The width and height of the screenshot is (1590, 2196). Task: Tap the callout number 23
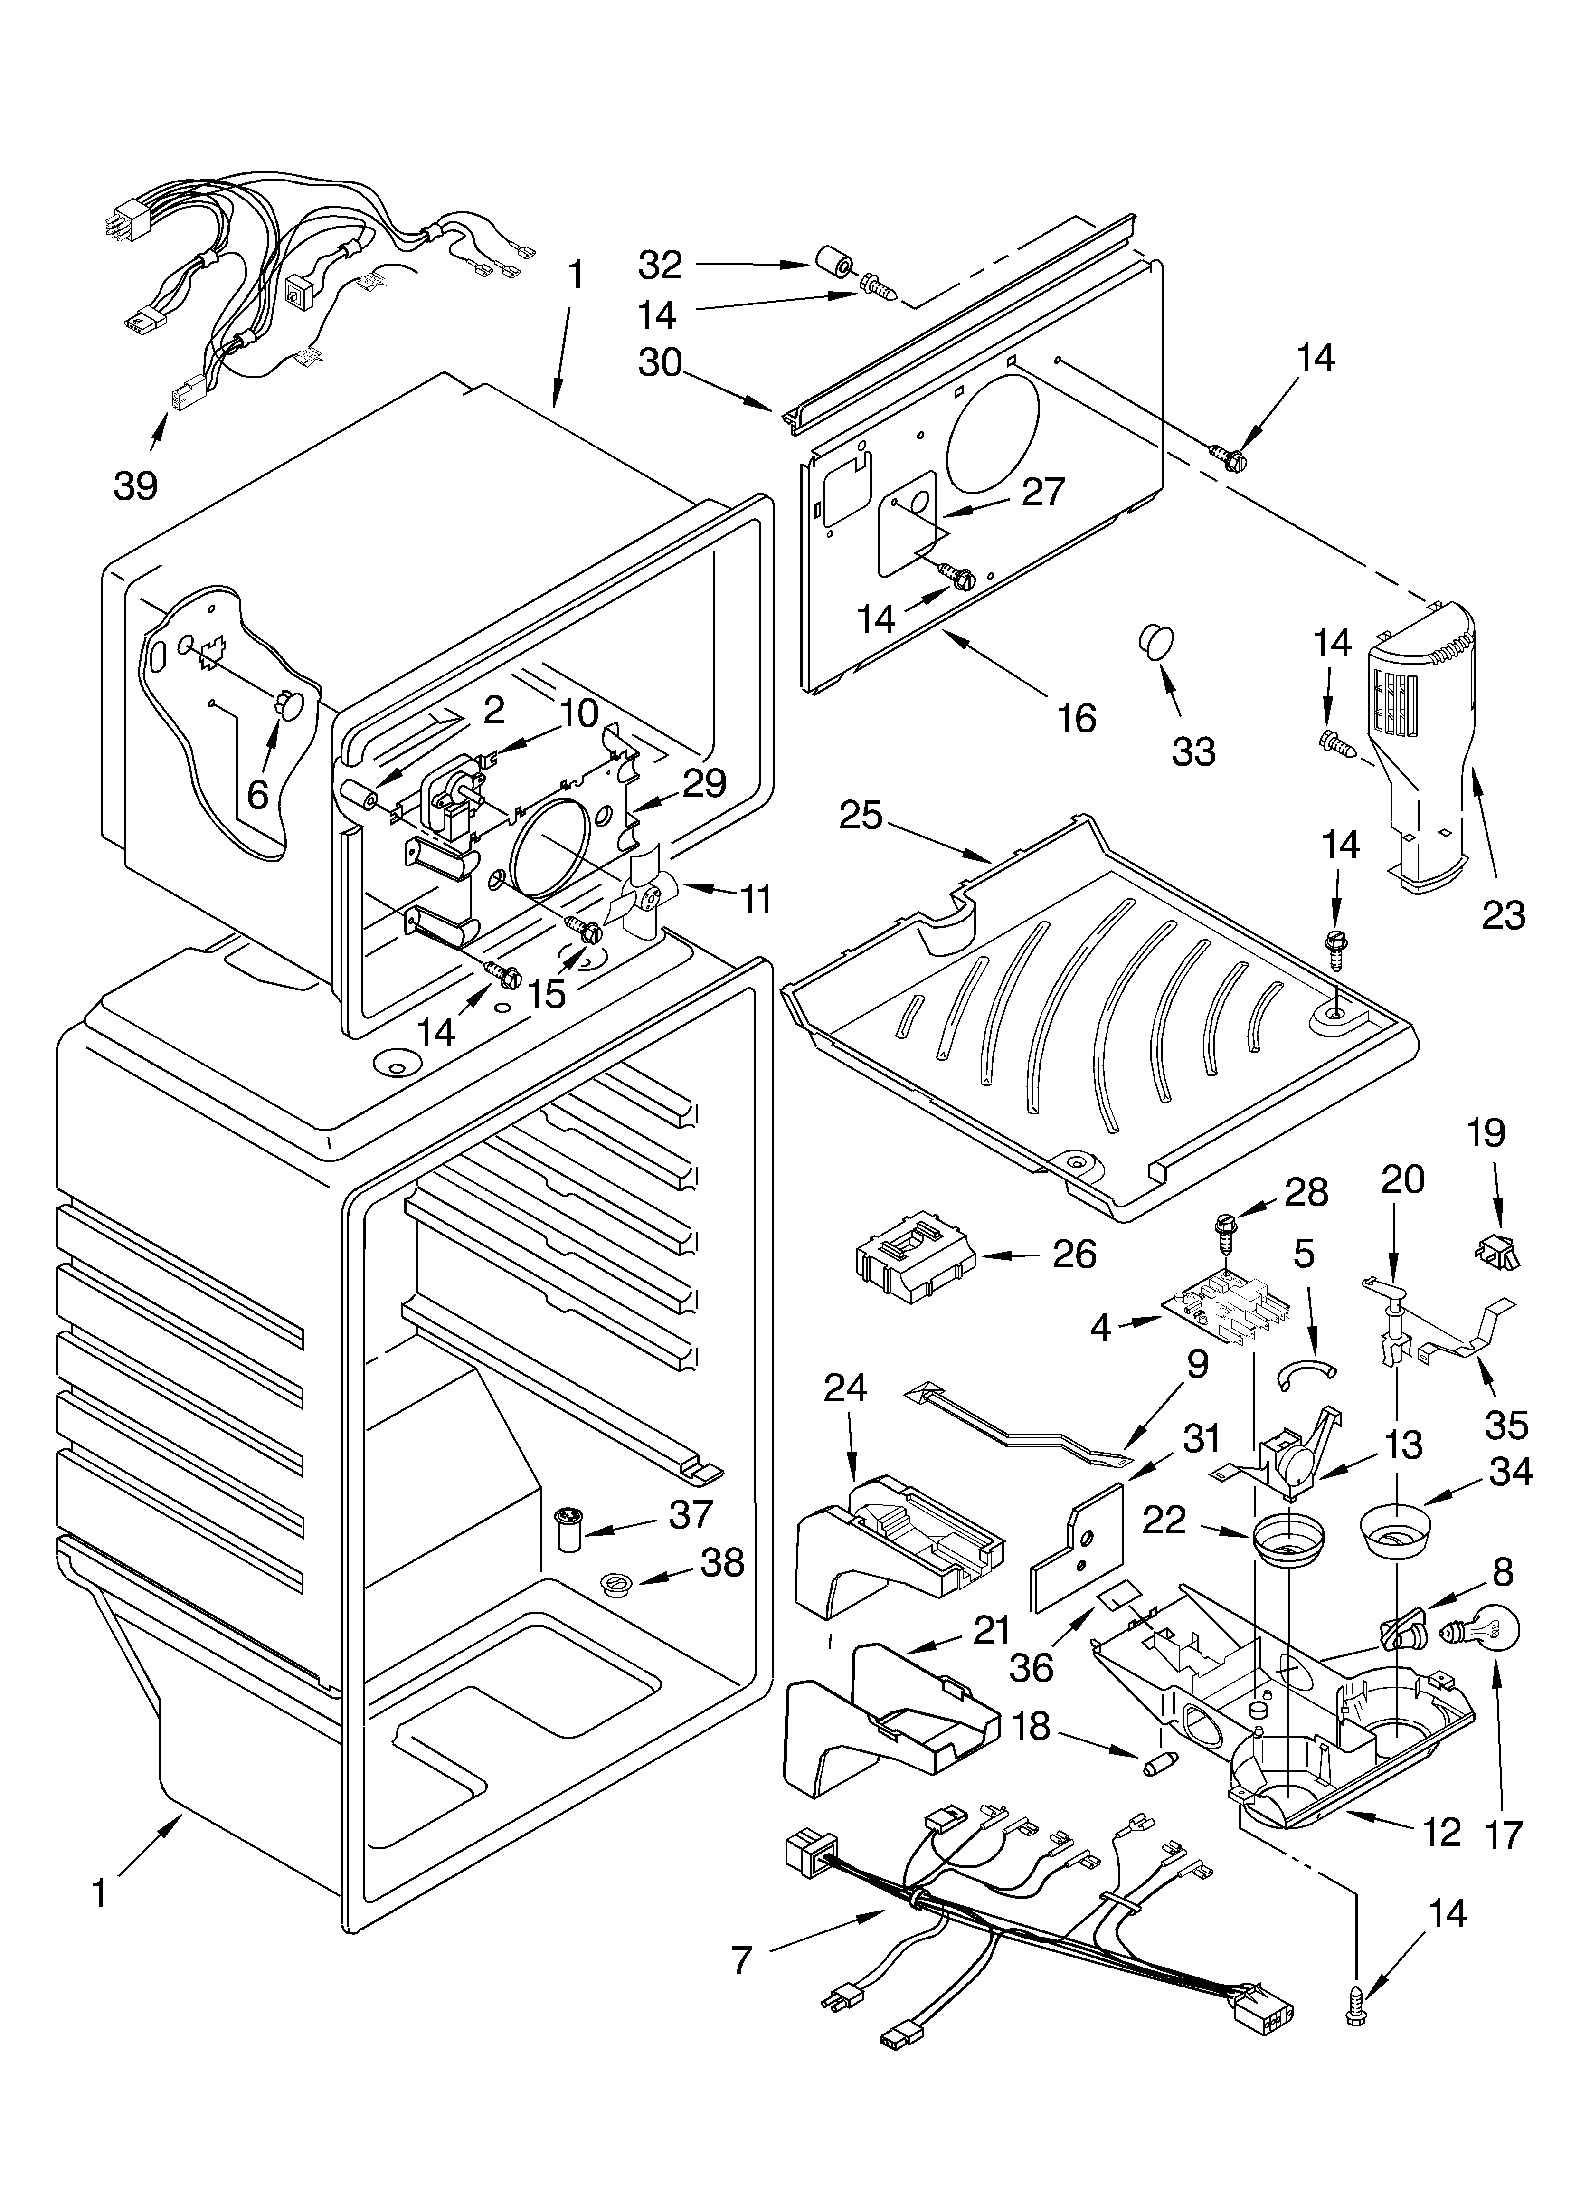[1503, 915]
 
